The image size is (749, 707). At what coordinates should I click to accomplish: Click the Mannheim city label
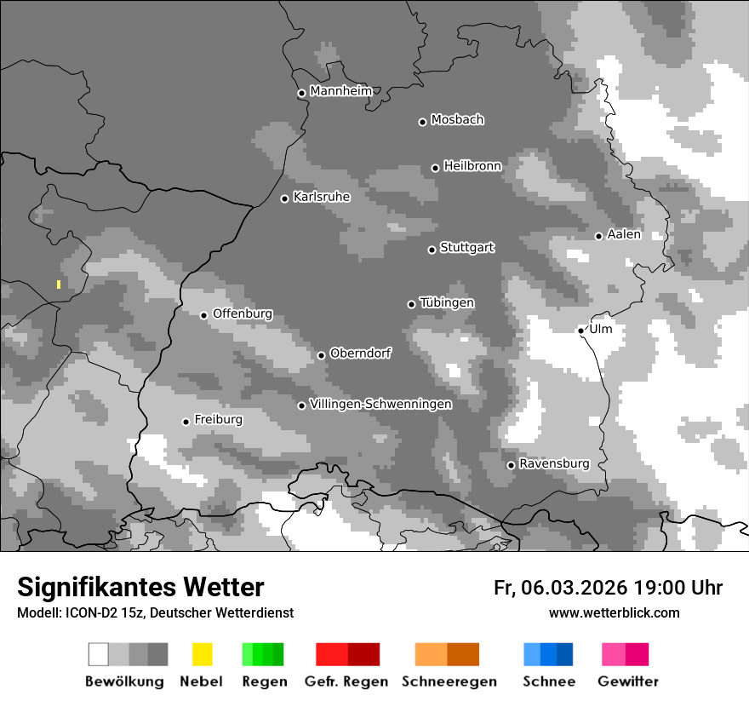point(341,91)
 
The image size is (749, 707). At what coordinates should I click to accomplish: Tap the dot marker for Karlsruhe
point(285,198)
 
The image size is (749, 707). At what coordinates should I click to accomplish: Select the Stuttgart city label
point(466,248)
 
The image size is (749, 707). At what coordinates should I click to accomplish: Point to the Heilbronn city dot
point(435,168)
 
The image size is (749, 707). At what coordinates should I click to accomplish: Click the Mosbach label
point(457,120)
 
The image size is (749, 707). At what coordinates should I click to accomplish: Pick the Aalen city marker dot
point(598,236)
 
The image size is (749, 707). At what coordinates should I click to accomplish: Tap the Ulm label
point(601,329)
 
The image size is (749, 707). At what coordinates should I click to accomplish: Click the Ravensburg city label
point(554,463)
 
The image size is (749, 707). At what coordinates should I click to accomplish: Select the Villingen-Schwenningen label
point(380,404)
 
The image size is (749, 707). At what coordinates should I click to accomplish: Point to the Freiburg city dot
point(186,422)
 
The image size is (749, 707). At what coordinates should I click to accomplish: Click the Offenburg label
point(243,313)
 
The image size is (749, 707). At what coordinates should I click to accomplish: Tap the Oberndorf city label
point(361,353)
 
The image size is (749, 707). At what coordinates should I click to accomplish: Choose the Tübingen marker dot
point(411,304)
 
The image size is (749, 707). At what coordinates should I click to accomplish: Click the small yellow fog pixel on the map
point(59,285)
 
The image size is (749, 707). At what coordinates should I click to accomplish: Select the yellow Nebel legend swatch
point(202,654)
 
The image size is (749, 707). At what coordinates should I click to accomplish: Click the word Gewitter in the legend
point(628,681)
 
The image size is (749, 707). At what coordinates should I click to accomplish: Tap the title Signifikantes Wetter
point(140,587)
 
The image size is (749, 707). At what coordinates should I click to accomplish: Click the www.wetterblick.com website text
point(614,612)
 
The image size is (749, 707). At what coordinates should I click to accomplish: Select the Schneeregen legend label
point(449,681)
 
